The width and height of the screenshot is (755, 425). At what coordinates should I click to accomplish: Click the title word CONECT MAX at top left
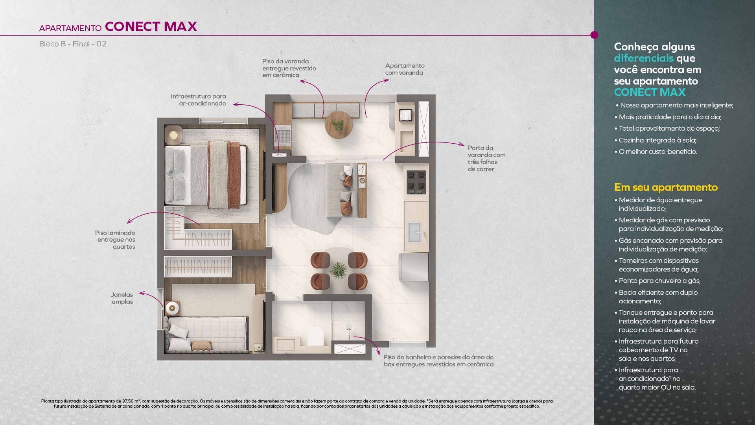tap(151, 26)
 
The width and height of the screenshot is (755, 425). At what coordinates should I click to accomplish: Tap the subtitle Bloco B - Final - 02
tap(73, 44)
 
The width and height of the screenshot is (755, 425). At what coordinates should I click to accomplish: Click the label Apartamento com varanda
tap(405, 69)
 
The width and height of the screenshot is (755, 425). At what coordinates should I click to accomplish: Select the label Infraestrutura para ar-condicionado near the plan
tap(199, 100)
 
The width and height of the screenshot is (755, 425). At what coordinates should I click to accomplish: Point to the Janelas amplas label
tap(122, 298)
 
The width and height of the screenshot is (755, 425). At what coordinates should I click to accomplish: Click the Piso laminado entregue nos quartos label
tap(115, 240)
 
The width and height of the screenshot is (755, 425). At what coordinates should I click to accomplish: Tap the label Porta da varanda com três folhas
tap(486, 158)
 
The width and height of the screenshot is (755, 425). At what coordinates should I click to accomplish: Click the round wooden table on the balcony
tap(338, 124)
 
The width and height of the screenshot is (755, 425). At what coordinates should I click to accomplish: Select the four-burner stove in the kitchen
tap(416, 182)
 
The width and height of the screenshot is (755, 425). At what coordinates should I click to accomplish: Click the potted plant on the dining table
tap(338, 270)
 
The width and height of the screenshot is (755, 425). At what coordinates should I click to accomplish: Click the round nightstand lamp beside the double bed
tap(173, 135)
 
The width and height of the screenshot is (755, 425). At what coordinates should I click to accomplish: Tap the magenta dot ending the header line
tap(594, 35)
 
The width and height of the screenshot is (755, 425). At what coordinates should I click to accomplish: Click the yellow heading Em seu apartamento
tap(666, 187)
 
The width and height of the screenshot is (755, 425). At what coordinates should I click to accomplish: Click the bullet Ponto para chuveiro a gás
tap(657, 281)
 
